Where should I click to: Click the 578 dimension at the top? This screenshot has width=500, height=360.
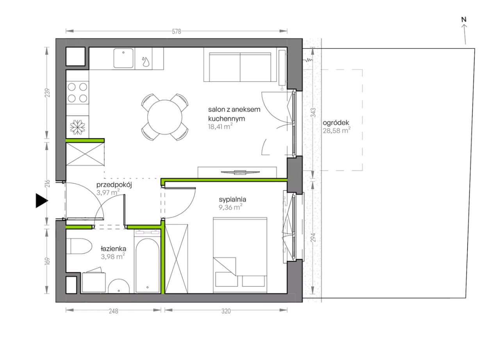coord(176,32)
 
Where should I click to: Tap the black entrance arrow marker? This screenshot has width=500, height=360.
coord(41,201)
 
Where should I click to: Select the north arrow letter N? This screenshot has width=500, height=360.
coord(464,20)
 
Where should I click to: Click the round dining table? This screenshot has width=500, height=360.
coord(165,117)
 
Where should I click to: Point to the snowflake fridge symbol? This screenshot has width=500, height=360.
coord(77,127)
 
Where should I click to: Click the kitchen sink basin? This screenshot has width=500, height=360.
coord(123,58)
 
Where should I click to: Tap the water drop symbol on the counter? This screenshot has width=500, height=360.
coord(146,62)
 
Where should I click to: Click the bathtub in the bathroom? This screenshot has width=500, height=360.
coord(148,265)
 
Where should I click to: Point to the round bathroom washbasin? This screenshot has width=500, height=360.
coord(119,286)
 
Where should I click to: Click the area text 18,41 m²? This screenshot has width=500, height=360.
coord(220,127)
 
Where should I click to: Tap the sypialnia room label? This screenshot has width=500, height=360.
coord(232,199)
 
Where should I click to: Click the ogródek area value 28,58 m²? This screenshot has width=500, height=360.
coord(337,130)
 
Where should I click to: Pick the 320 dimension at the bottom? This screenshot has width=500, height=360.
coord(226,311)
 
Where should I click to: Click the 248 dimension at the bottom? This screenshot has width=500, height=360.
coord(113,311)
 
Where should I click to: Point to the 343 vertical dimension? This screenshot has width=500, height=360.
coord(313,113)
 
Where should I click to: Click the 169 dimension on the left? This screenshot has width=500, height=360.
coord(47,261)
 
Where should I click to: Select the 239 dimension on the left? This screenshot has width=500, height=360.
coord(47,93)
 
